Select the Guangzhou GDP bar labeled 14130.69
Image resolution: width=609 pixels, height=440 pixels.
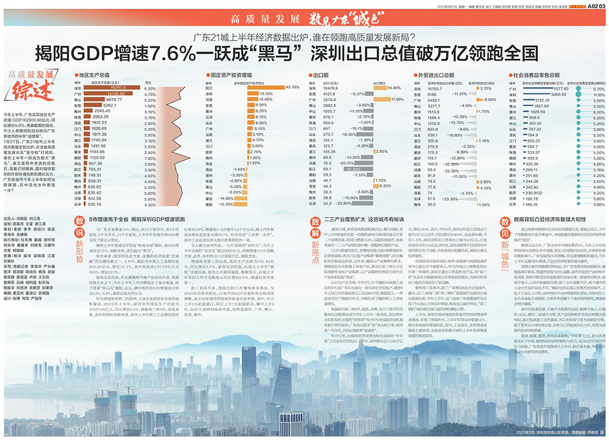(109, 93)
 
